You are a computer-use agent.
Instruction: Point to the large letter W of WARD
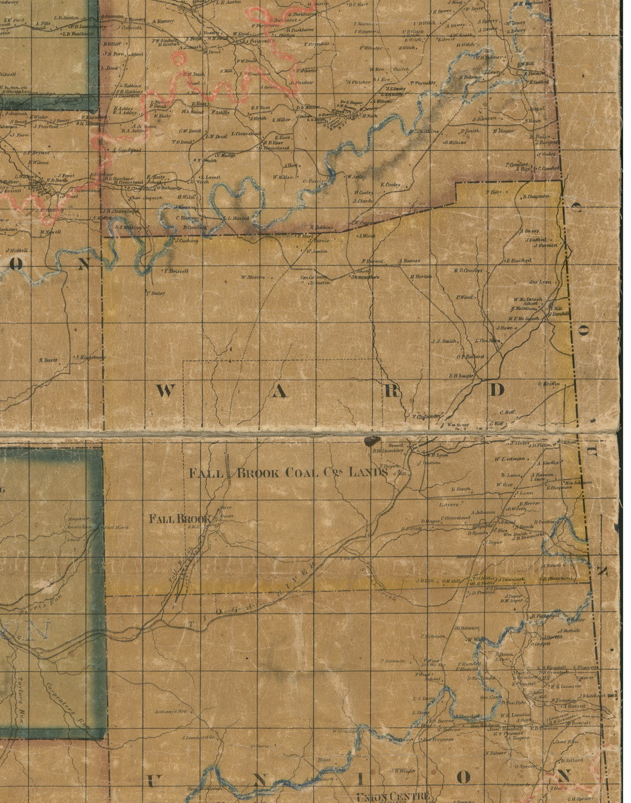click(165, 391)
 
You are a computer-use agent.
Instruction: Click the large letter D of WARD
click(496, 390)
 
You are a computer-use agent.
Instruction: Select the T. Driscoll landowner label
click(176, 271)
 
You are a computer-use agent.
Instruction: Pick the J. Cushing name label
click(186, 240)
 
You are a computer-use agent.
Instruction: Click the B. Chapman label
click(537, 196)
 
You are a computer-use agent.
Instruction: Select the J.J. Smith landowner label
click(444, 341)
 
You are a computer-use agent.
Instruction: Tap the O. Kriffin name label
click(547, 383)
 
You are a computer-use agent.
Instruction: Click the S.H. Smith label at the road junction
click(461, 375)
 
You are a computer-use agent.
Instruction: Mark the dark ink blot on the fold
click(370, 441)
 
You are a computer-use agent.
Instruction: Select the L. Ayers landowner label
click(449, 505)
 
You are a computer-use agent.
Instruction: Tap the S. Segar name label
click(495, 542)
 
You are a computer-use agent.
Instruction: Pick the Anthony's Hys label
click(169, 711)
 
